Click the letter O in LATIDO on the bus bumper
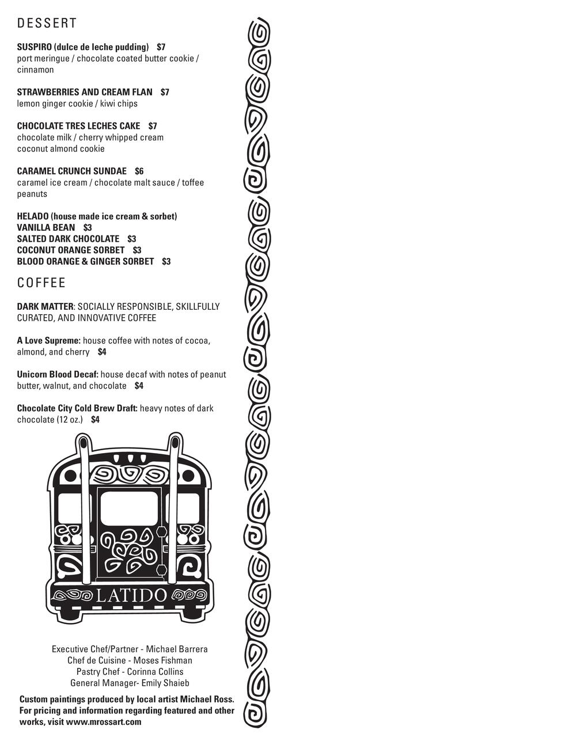(160, 596)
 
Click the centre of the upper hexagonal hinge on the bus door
(161, 531)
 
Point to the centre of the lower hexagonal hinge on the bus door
(161, 570)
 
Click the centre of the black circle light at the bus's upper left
(70, 476)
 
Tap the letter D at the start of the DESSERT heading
(20, 23)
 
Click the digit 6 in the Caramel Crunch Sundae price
(141, 171)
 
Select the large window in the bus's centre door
(128, 508)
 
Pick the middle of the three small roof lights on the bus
(130, 459)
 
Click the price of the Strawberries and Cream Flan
(165, 92)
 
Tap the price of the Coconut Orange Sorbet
(137, 250)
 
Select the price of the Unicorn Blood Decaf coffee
(138, 386)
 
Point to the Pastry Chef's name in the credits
(155, 671)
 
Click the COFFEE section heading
(41, 283)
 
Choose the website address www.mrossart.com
(104, 722)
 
